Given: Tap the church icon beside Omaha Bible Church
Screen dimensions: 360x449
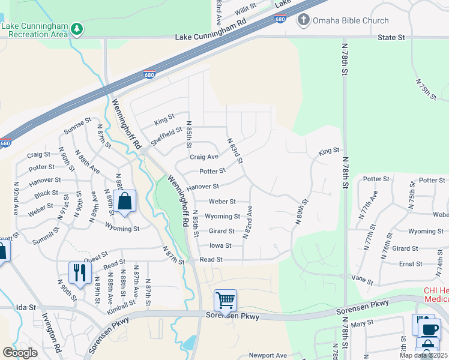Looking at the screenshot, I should click(304, 20).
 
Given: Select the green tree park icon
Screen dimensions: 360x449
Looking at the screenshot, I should click(76, 29).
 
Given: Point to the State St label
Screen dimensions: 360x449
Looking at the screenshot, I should click(391, 37).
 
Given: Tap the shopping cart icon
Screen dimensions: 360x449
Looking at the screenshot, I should click(225, 299).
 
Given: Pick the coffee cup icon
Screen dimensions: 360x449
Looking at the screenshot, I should click(430, 329).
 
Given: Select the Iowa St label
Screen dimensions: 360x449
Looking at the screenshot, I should click(220, 245).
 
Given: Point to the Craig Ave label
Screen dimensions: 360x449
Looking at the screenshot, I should click(204, 157).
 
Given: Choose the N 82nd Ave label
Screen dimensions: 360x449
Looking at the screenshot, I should click(247, 222).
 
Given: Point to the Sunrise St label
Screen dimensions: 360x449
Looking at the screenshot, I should click(77, 128).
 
